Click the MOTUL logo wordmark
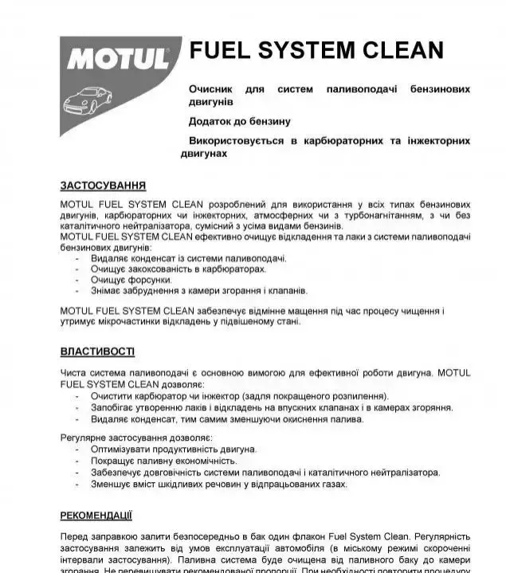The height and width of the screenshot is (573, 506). click(x=118, y=58)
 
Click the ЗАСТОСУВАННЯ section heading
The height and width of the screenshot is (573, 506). click(x=103, y=186)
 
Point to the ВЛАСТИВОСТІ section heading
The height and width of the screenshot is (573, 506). click(x=97, y=351)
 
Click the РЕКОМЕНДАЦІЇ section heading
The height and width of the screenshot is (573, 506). click(x=96, y=515)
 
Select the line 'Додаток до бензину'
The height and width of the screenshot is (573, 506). click(x=239, y=122)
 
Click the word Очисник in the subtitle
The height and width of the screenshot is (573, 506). click(x=212, y=88)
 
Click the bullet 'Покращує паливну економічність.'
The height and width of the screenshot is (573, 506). click(x=163, y=460)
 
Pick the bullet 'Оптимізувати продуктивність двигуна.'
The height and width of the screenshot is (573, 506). click(x=173, y=449)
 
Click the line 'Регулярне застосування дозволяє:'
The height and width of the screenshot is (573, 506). click(x=135, y=437)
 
